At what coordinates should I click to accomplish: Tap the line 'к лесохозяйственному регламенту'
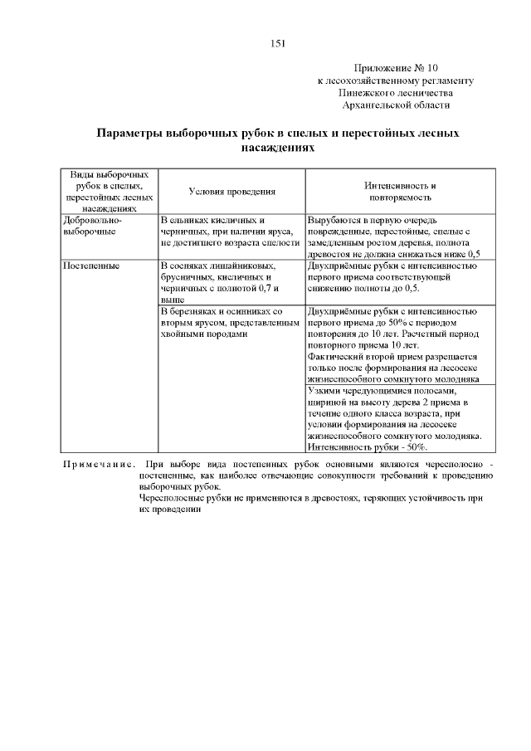point(396,80)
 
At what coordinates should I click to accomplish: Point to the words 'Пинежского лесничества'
point(396,93)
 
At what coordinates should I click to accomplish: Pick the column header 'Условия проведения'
point(231,192)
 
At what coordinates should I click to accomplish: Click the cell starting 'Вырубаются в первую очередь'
point(393,237)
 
